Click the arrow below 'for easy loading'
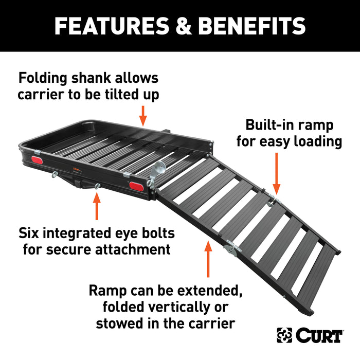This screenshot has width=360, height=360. coord(276,175)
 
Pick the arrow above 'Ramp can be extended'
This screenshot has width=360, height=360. coord(208,260)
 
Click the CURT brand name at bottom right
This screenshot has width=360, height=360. coord(319,335)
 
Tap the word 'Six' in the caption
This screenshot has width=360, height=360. coord(30,233)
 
